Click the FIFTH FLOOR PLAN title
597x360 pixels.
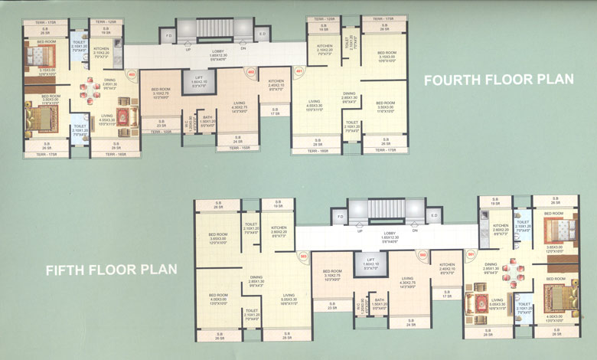112,270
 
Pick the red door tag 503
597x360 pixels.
303,256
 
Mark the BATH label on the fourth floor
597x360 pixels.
207,118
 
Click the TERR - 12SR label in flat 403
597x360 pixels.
106,23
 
